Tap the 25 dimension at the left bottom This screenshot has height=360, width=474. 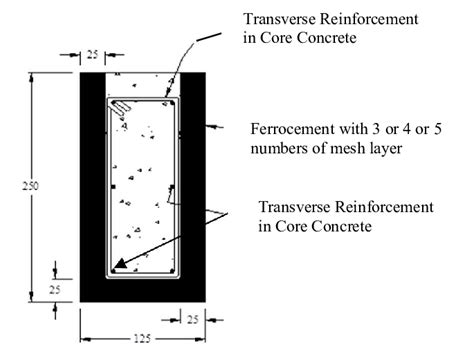[x=57, y=289]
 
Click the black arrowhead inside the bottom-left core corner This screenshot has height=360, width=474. [x=120, y=265]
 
